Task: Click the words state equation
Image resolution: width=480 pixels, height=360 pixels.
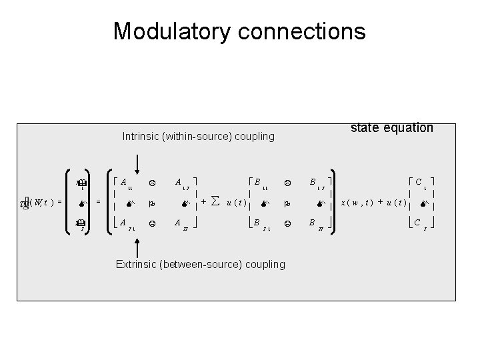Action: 392,127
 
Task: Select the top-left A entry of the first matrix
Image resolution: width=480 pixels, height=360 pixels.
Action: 125,181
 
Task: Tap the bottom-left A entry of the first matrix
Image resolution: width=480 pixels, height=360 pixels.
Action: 125,224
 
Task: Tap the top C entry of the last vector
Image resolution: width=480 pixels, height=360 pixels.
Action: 421,181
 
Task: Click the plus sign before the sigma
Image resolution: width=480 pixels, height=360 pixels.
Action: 203,201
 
